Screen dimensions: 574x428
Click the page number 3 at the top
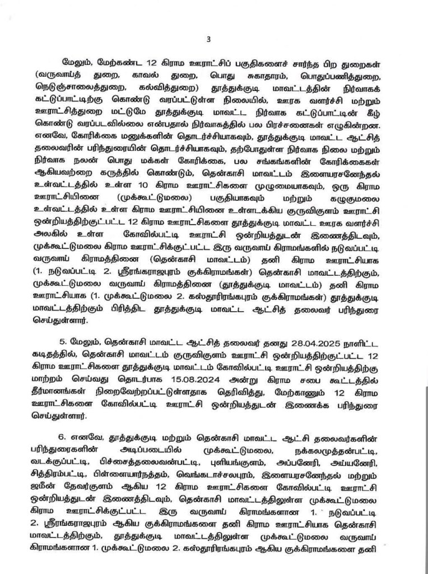pos(208,39)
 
